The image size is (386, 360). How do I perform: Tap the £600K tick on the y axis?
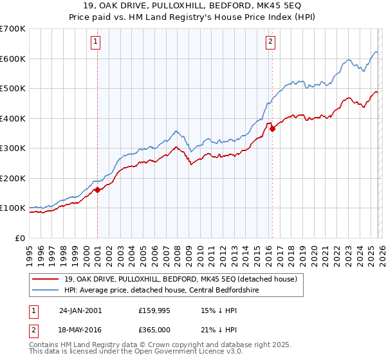click(x=13, y=59)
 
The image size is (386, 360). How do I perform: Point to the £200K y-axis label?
click(x=13, y=178)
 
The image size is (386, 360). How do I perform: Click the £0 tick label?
click(x=19, y=238)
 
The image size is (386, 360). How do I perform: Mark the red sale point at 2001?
click(x=97, y=190)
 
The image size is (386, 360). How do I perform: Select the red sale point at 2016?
click(x=272, y=129)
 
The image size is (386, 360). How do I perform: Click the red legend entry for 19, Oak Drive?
click(x=180, y=279)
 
